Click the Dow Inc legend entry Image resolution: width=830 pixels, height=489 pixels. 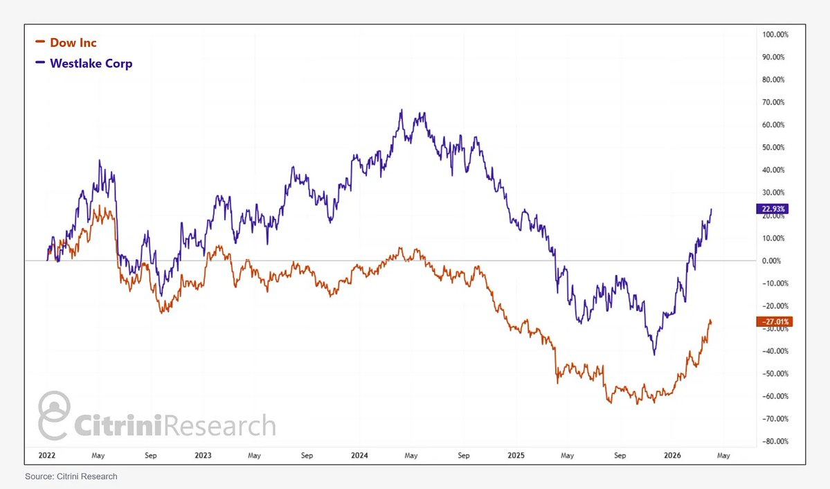pyautogui.click(x=72, y=43)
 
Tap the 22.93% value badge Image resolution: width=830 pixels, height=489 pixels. pyautogui.click(x=774, y=208)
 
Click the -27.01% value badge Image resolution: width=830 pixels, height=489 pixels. pyautogui.click(x=774, y=321)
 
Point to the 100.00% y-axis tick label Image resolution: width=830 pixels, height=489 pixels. pyautogui.click(x=774, y=34)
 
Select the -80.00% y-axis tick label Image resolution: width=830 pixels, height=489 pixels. pyautogui.click(x=774, y=441)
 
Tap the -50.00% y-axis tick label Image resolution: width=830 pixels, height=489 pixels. pyautogui.click(x=774, y=373)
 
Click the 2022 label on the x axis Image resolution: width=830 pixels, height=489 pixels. pyautogui.click(x=46, y=455)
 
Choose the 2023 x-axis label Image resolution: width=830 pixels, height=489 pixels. pyautogui.click(x=203, y=455)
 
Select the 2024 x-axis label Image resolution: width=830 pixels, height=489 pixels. pyautogui.click(x=360, y=455)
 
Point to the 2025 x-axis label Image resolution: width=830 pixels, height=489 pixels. pyautogui.click(x=516, y=455)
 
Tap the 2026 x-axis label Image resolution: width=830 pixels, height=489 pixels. pyautogui.click(x=673, y=455)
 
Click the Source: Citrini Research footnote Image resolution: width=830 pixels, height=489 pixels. pyautogui.click(x=71, y=477)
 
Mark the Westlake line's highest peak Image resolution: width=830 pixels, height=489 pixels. pyautogui.click(x=402, y=109)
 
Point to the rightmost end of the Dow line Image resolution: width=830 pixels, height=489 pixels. pyautogui.click(x=711, y=321)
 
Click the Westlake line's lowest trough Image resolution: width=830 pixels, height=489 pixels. pyautogui.click(x=653, y=355)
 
